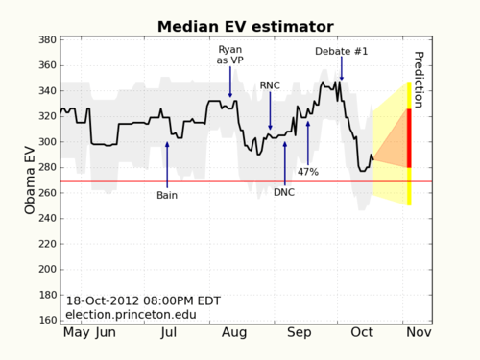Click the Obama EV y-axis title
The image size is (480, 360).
(30, 180)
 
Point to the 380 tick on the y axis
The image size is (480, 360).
(44, 40)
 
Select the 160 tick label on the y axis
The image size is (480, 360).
(44, 320)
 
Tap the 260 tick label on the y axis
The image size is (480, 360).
(44, 193)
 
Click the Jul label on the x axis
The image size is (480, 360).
(168, 334)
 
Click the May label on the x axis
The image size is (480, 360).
(78, 334)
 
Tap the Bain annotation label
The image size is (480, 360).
(167, 195)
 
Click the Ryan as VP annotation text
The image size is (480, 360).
(230, 54)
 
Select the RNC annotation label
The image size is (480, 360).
(270, 85)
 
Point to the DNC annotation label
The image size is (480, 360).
(285, 192)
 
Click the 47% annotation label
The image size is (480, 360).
(308, 172)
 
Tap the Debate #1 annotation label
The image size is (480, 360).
(341, 51)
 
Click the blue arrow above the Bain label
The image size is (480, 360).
(167, 163)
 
